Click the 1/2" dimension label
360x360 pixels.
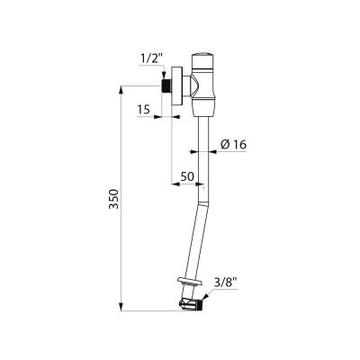pyautogui.click(x=151, y=59)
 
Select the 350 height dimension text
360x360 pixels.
pyautogui.click(x=114, y=199)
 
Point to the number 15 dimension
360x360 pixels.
pyautogui.click(x=144, y=110)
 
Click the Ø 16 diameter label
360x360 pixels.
pyautogui.click(x=233, y=145)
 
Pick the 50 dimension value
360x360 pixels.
pyautogui.click(x=187, y=176)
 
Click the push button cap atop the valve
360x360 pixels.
pyautogui.click(x=203, y=60)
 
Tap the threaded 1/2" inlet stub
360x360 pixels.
pyautogui.click(x=166, y=85)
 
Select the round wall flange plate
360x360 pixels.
pyautogui.click(x=176, y=86)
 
